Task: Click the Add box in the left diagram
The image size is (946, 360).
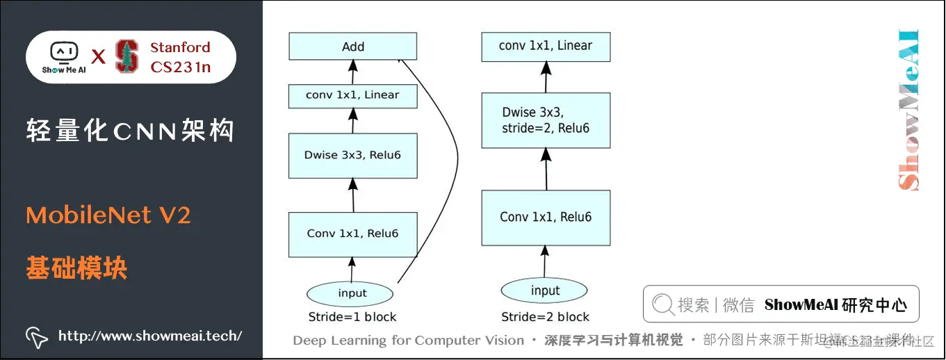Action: tap(353, 47)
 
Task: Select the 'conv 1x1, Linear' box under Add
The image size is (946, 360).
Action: tap(353, 95)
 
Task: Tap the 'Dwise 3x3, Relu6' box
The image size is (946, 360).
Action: tap(353, 155)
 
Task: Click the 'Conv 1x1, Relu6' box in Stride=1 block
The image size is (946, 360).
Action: tap(353, 234)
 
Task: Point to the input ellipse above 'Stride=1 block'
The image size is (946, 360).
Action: tap(352, 293)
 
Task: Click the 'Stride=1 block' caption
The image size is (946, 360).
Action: tap(352, 317)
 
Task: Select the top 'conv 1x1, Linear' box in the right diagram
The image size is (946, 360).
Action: tap(546, 46)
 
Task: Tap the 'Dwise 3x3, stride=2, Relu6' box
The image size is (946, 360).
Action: tap(546, 120)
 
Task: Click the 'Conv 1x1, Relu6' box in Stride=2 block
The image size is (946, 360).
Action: tap(546, 217)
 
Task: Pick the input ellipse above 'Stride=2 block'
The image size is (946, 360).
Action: tap(545, 290)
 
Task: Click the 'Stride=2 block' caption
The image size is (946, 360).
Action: tap(545, 317)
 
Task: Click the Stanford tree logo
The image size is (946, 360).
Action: tap(127, 56)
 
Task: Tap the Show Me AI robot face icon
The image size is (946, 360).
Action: tap(63, 52)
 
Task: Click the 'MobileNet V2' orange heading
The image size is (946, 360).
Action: tap(108, 215)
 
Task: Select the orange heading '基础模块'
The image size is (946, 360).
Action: tap(76, 268)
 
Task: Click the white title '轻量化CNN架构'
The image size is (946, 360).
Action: tap(130, 131)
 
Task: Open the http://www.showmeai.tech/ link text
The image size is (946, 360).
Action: tap(150, 336)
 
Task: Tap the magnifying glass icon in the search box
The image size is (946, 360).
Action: tap(663, 304)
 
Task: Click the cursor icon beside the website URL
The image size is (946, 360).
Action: tap(36, 337)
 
